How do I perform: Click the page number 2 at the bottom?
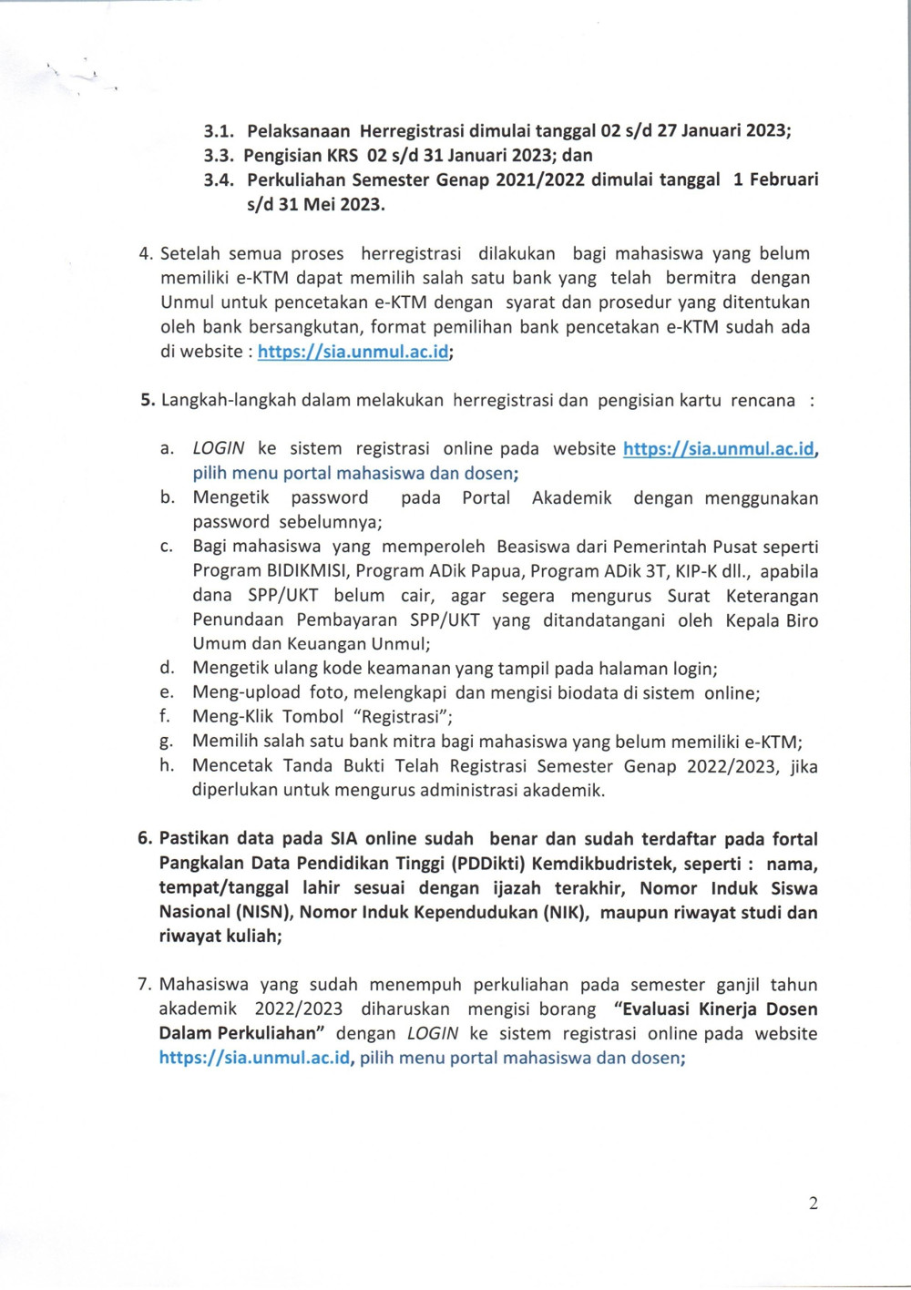pos(813,1203)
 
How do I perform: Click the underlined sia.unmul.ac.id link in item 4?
pos(353,352)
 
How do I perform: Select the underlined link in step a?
pos(719,449)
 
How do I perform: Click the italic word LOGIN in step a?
pos(219,449)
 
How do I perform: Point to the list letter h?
pos(166,766)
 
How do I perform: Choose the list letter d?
pos(167,669)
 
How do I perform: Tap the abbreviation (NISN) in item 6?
pos(264,913)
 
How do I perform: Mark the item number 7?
pos(144,985)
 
